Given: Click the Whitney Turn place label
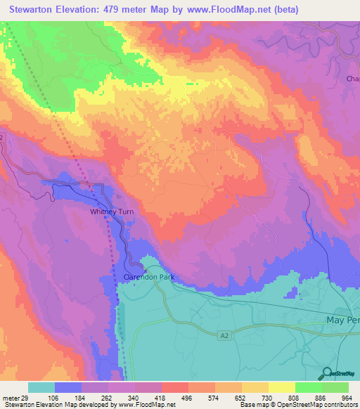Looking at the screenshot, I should tap(111, 212).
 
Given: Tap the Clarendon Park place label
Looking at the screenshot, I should tap(148, 277).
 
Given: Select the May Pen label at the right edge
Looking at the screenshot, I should tap(343, 320).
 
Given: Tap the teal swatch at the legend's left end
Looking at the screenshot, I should tap(41, 387).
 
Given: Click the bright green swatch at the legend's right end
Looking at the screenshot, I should tap(335, 387).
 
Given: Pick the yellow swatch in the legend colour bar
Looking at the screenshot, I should tap(281, 387).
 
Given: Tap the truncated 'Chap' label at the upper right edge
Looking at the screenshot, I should tap(352, 79).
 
